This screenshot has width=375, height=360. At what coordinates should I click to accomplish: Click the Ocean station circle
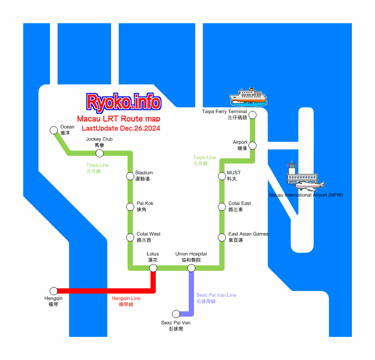tap(53, 130)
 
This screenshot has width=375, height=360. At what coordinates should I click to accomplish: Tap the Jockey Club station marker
tap(99, 153)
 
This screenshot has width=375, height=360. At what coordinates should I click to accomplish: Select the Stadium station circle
tap(130, 176)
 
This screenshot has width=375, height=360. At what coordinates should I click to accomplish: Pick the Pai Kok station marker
tap(130, 207)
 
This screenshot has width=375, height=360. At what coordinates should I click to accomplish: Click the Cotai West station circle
tap(130, 237)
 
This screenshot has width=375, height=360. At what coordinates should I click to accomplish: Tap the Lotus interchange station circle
tap(153, 268)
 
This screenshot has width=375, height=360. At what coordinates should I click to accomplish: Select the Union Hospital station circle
tap(191, 268)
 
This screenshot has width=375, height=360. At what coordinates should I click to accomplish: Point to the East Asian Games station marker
tap(222, 237)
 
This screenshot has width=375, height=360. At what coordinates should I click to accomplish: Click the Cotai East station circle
tap(222, 207)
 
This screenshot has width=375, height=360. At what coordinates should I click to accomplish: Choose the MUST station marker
tap(222, 176)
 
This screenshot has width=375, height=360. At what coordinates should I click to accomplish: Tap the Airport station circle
tap(252, 146)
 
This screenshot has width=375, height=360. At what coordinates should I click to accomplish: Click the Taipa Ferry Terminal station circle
tap(252, 115)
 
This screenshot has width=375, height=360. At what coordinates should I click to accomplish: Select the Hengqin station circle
tap(53, 291)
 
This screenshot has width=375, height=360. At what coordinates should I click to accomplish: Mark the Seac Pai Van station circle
tap(176, 314)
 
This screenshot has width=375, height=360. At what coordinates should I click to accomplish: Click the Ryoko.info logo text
tap(124, 102)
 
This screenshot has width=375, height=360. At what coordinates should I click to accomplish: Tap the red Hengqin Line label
tap(126, 301)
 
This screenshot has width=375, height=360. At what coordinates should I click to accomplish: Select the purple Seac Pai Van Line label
tap(216, 298)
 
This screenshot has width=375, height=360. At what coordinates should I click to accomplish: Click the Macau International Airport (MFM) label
tap(306, 195)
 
